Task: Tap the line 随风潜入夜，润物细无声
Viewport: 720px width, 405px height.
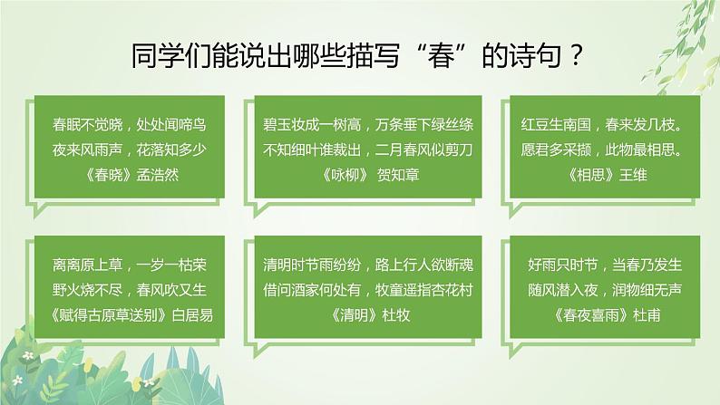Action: [598, 291]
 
